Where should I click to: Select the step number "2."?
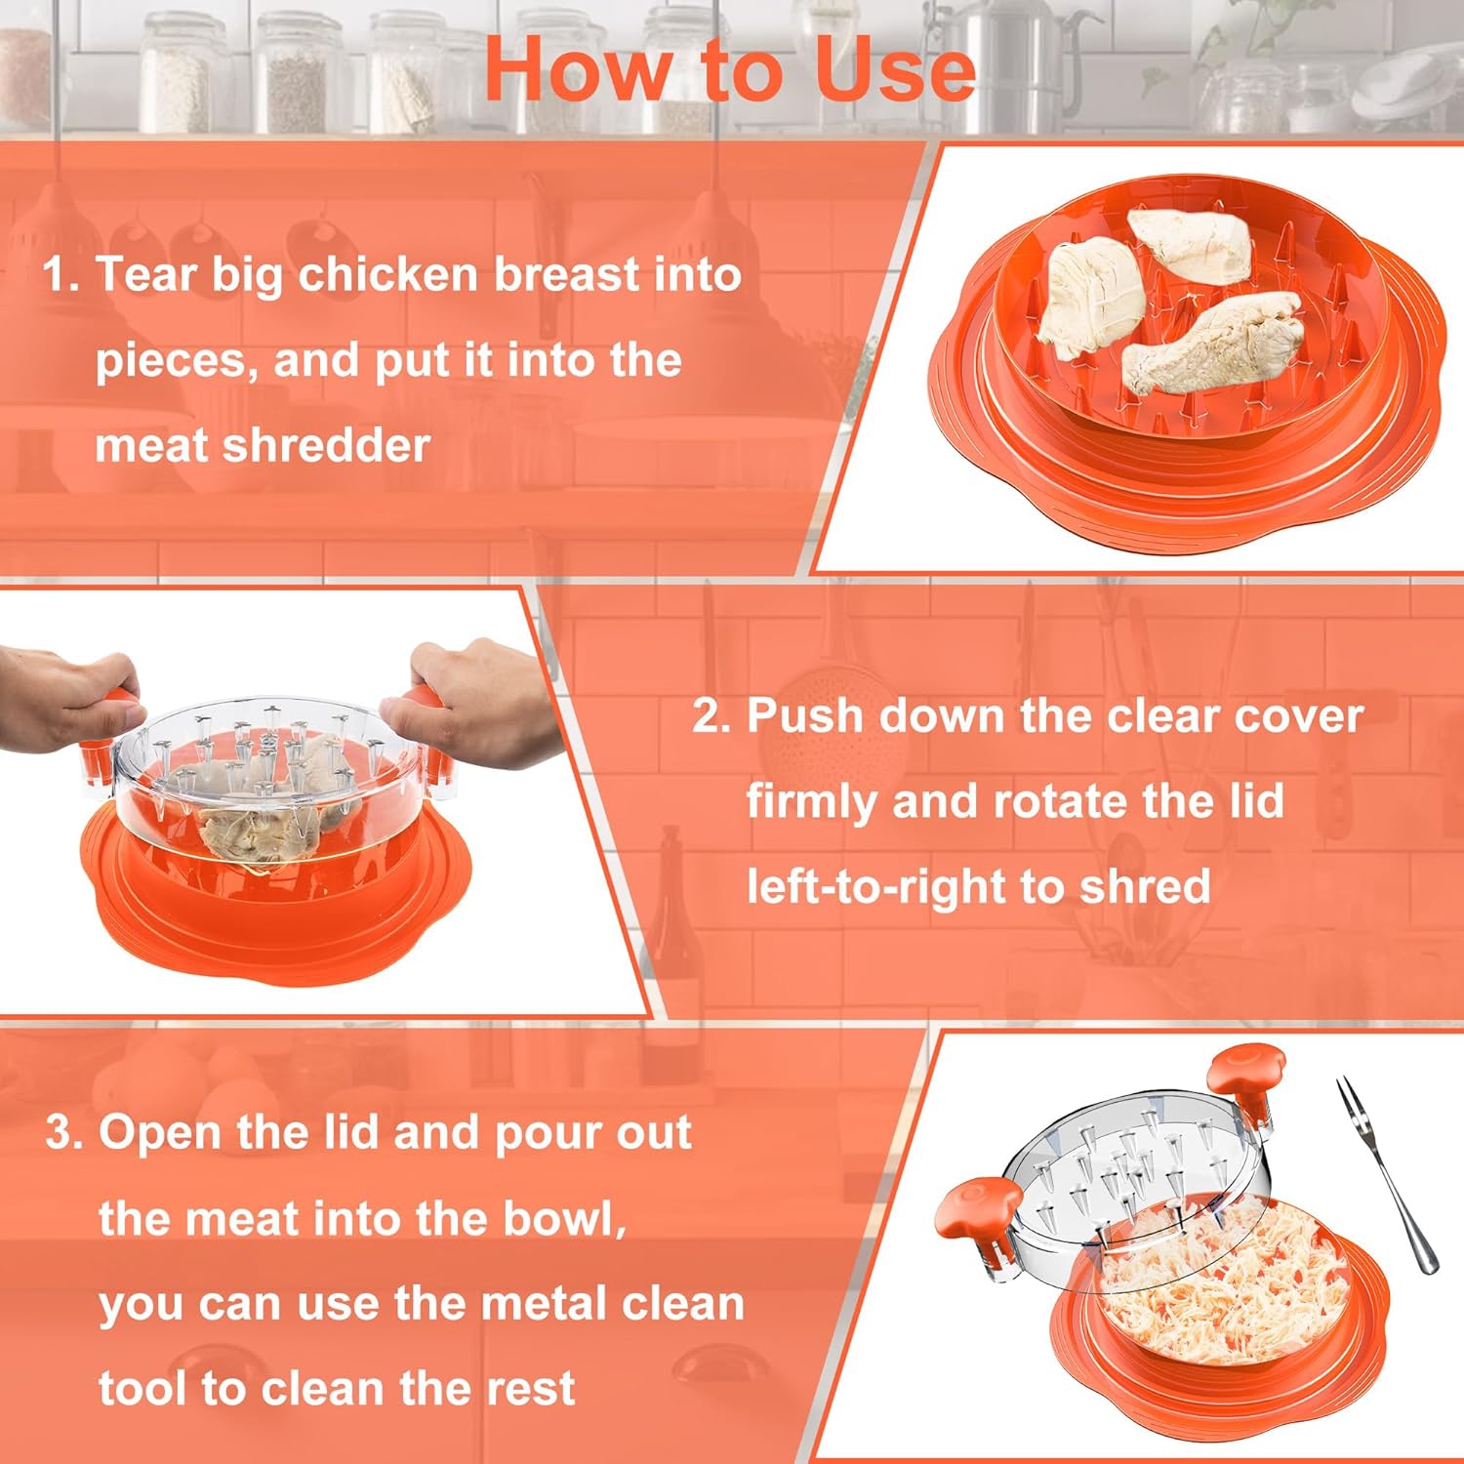712,716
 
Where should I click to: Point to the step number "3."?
65,1133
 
